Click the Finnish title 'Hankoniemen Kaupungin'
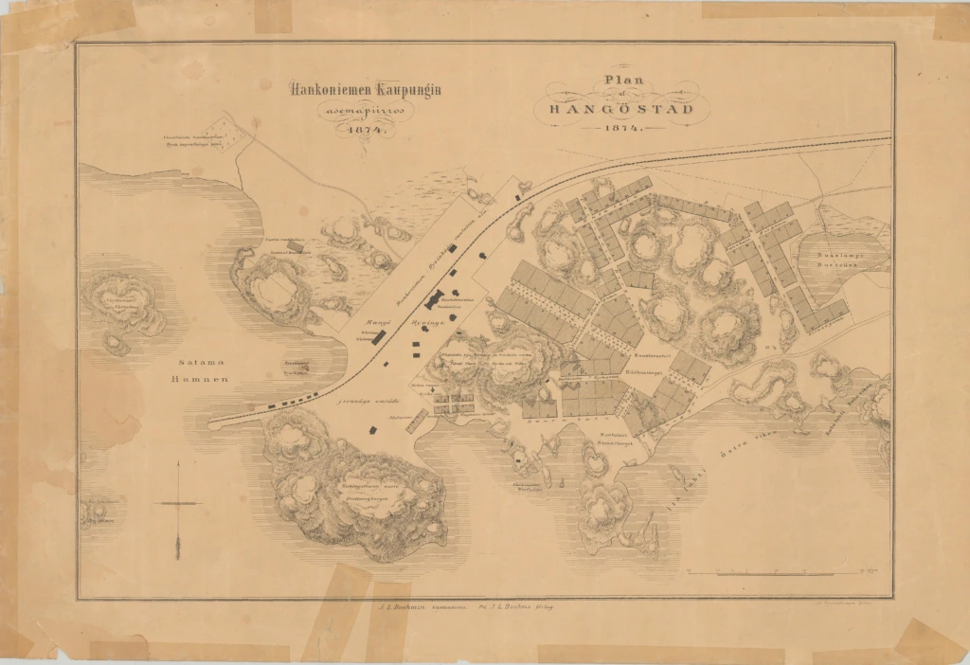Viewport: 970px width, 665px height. click(x=358, y=91)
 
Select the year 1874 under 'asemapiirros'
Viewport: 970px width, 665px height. click(x=358, y=131)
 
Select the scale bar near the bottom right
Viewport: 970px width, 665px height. click(x=777, y=572)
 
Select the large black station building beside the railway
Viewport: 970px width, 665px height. click(x=435, y=300)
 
